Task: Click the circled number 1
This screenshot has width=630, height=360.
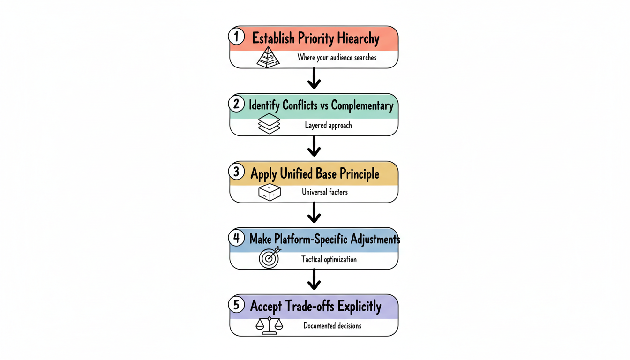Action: coord(237,37)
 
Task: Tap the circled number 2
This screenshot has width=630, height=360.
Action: coord(237,104)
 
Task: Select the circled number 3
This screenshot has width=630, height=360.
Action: coord(237,172)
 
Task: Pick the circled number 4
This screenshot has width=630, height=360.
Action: coord(237,238)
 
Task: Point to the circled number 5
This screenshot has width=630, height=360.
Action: coord(237,305)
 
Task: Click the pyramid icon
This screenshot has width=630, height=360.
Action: coord(268,58)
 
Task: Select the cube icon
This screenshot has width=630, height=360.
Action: coord(269,192)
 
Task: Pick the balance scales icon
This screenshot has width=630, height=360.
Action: coord(269,325)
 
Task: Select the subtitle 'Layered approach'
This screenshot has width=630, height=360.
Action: coord(328,125)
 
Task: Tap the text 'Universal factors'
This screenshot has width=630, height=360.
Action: coord(325,192)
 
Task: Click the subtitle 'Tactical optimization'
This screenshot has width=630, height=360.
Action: coord(329,259)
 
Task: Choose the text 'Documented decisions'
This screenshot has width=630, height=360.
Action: coord(332,325)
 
